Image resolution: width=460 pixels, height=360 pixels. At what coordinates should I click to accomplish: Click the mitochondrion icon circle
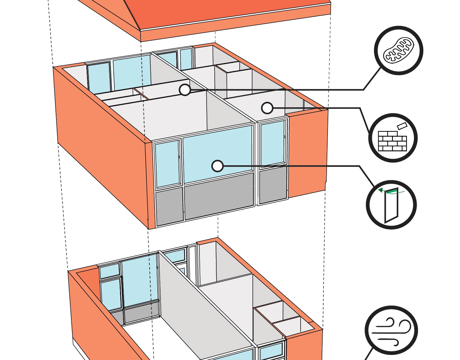coord(399,50)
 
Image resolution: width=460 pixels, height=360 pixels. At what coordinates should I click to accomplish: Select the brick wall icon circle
coord(393,138)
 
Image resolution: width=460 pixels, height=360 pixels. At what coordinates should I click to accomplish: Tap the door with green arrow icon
coord(391,204)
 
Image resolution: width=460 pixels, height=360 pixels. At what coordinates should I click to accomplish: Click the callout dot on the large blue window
coord(217,166)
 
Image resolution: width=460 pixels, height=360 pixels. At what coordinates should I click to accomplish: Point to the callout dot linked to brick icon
coord(267,108)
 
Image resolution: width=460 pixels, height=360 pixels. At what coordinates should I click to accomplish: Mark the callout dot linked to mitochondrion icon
coord(185,90)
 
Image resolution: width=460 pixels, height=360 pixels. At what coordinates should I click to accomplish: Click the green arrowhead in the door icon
coord(380,190)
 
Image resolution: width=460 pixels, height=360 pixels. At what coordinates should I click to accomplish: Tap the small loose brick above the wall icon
coord(402,126)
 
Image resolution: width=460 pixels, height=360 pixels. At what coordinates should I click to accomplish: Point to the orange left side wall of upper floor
coord(100,137)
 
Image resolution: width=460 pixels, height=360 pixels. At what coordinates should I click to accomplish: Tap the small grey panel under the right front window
coord(273,186)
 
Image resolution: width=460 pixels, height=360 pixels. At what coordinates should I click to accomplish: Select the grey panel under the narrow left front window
coord(169,206)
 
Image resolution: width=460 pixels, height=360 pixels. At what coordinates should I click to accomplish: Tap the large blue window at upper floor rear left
coord(131,73)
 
